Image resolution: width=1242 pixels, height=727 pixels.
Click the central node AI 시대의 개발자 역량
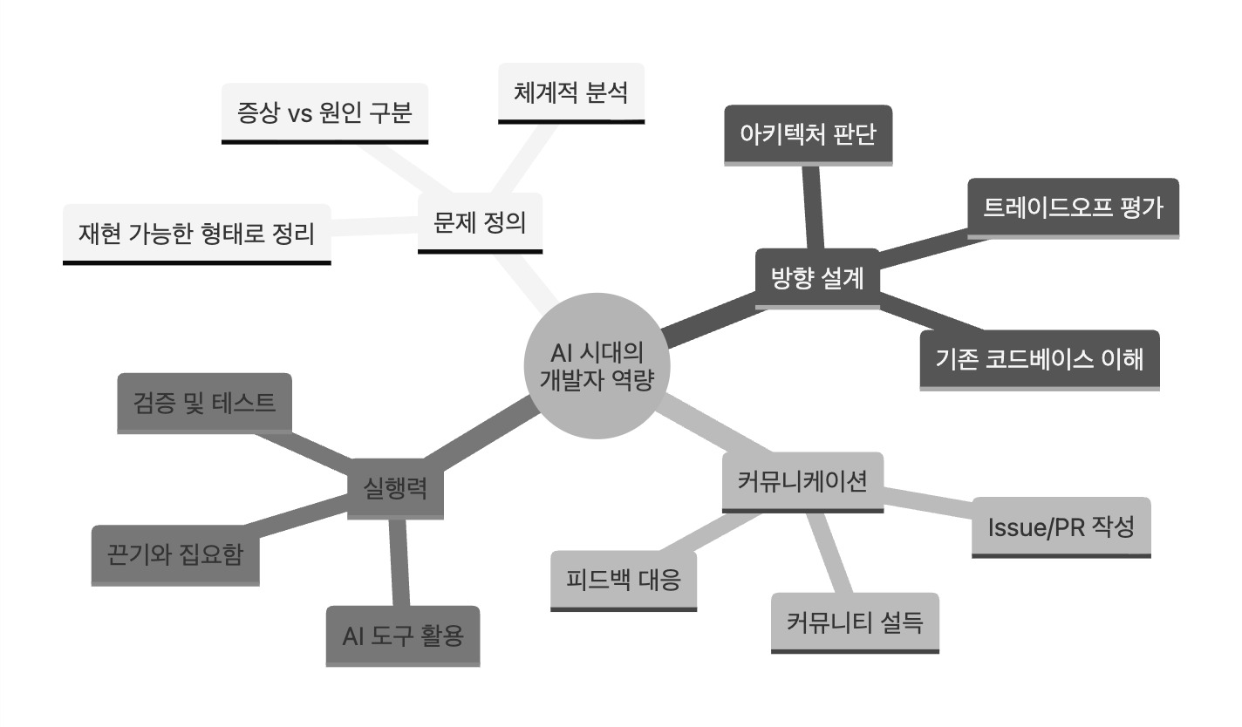(597, 366)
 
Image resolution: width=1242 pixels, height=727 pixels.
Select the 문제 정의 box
(480, 223)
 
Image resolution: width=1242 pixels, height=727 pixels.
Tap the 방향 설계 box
(817, 279)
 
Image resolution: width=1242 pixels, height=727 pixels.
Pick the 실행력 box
(395, 489)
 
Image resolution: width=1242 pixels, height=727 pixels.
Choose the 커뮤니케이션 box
(802, 482)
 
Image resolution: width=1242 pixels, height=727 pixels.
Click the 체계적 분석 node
(571, 93)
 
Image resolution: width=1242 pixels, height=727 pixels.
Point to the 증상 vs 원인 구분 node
(325, 113)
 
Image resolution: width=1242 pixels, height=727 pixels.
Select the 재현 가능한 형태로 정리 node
(197, 234)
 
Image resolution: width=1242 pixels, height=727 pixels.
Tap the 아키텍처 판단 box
(809, 135)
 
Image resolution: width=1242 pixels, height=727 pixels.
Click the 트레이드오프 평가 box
(1074, 208)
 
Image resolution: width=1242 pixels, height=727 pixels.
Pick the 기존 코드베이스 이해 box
(1040, 360)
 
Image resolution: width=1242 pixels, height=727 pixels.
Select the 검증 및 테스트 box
(205, 403)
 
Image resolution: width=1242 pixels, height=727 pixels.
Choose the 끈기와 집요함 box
(175, 555)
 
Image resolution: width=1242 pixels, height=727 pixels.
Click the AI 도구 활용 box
(403, 636)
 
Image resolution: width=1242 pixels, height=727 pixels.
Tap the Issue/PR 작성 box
(1061, 527)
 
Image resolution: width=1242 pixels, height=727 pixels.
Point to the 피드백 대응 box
(624, 581)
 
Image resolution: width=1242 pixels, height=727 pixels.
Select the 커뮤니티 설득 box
(855, 622)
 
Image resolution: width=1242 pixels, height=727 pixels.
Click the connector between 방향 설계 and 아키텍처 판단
(813, 207)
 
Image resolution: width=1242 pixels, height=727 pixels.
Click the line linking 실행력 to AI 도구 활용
(399, 563)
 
